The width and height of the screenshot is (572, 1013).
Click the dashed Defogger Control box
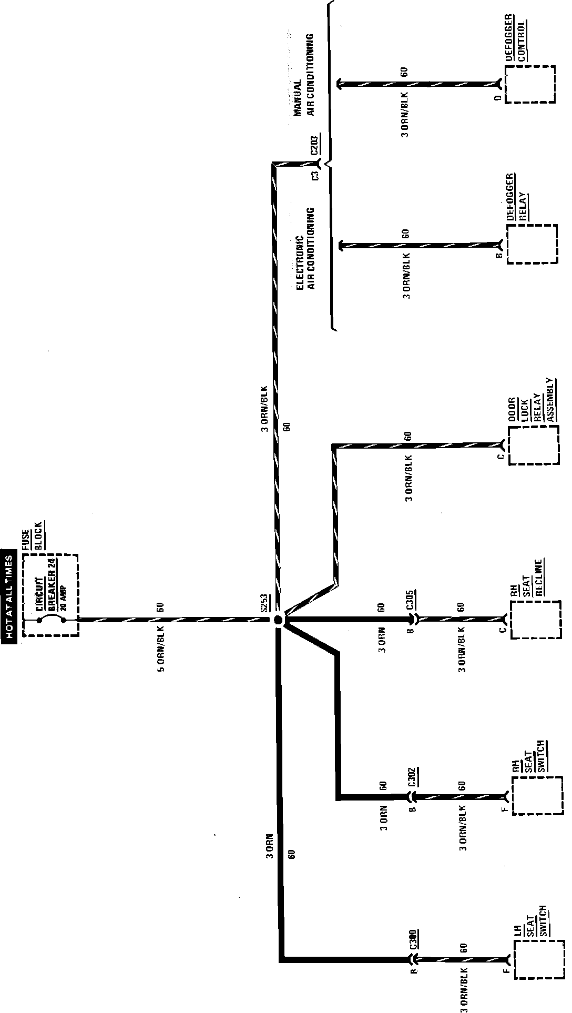tap(530, 84)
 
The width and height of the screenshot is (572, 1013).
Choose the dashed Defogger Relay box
tap(532, 245)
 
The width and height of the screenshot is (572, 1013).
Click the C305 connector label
tap(411, 599)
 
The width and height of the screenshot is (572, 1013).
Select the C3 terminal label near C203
tap(315, 176)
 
